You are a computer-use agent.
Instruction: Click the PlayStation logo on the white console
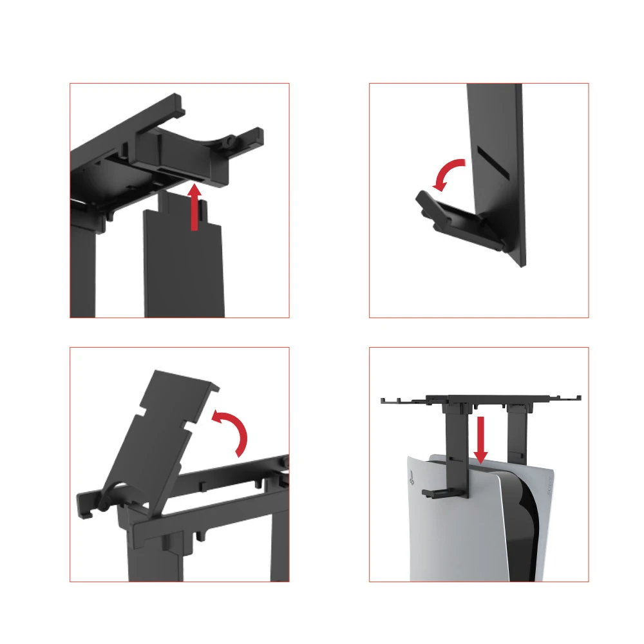410,478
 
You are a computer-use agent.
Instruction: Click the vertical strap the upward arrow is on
184,264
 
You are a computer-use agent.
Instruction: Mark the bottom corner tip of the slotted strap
523,264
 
